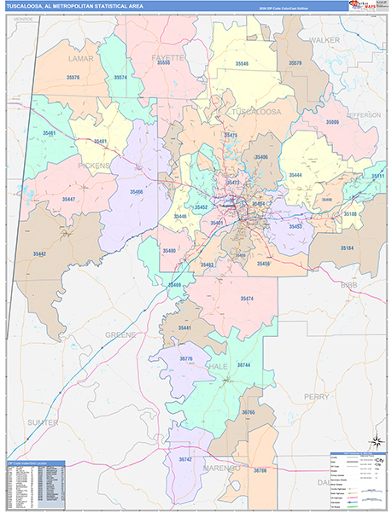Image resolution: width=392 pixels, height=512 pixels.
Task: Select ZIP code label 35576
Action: coord(73,78)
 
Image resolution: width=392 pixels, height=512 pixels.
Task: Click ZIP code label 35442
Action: coord(40,253)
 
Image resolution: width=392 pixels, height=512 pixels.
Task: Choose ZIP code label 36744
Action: coord(243,364)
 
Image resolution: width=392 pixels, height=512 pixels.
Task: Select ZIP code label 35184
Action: coord(347,247)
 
